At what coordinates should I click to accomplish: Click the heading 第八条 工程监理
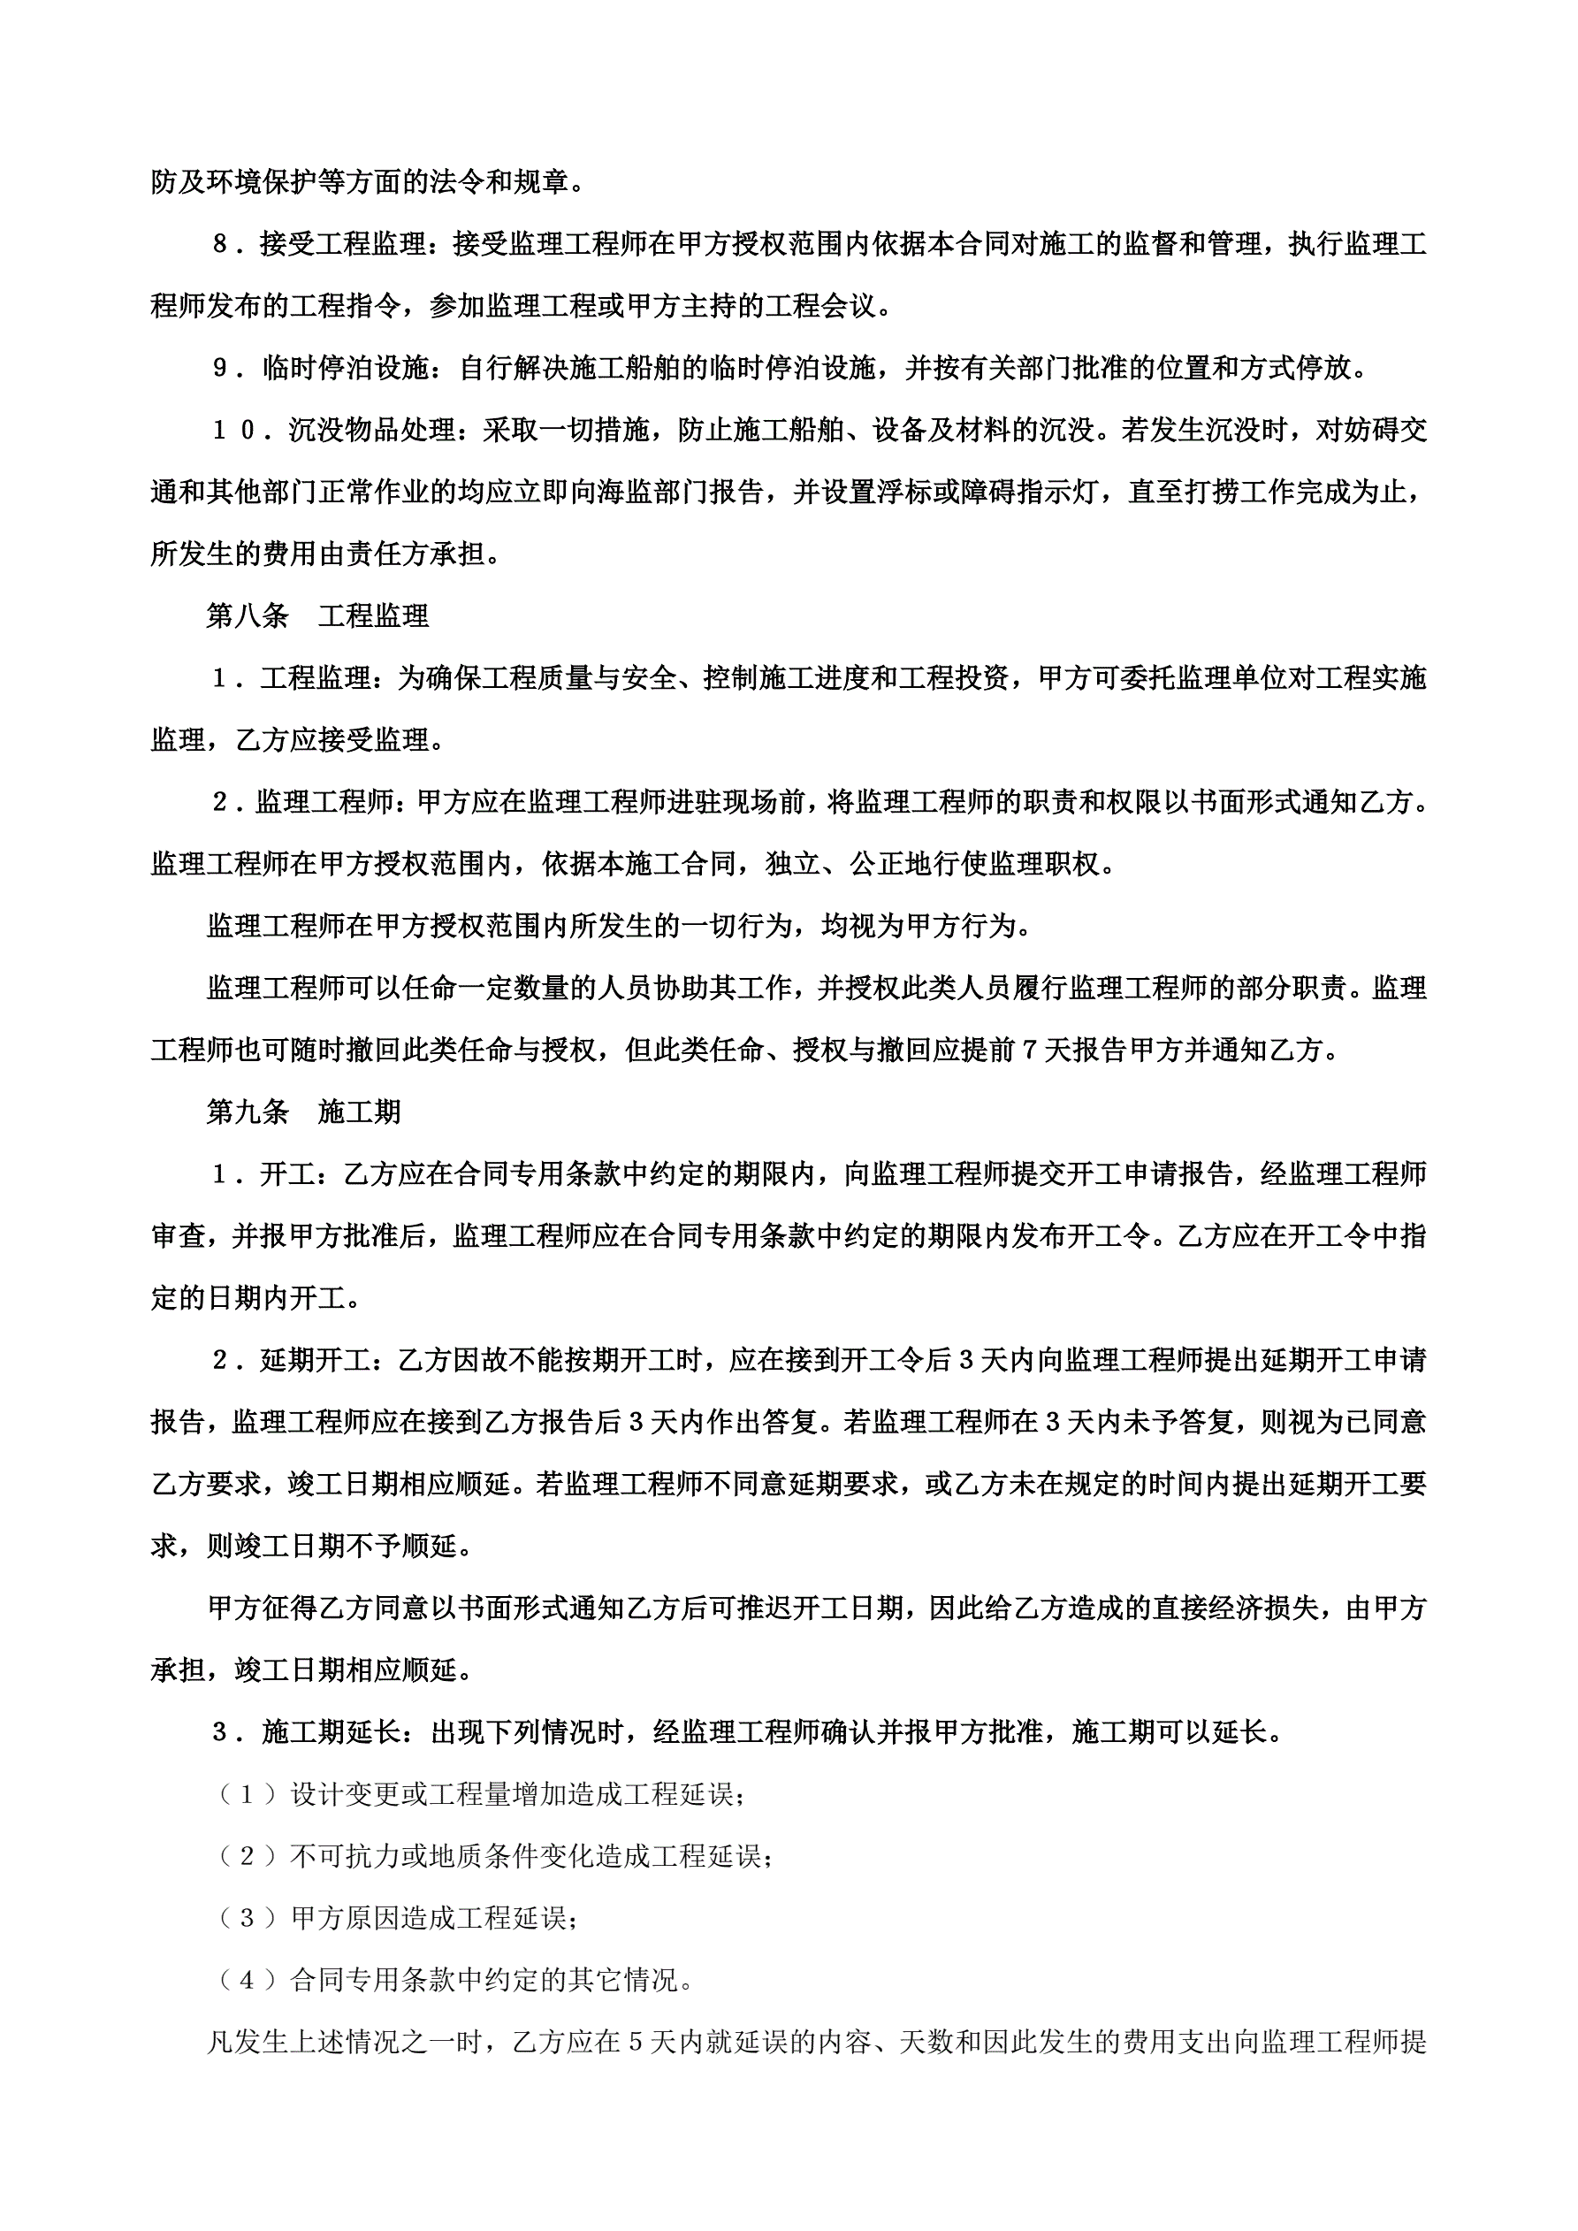316,616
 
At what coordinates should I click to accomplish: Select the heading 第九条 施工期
303,1112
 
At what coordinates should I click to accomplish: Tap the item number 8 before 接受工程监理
221,245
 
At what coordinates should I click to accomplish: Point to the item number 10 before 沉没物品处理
234,431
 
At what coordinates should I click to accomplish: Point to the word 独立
793,864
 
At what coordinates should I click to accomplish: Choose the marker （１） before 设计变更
248,1794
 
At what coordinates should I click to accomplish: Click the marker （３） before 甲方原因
248,1918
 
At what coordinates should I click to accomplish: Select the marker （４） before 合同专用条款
248,1980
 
